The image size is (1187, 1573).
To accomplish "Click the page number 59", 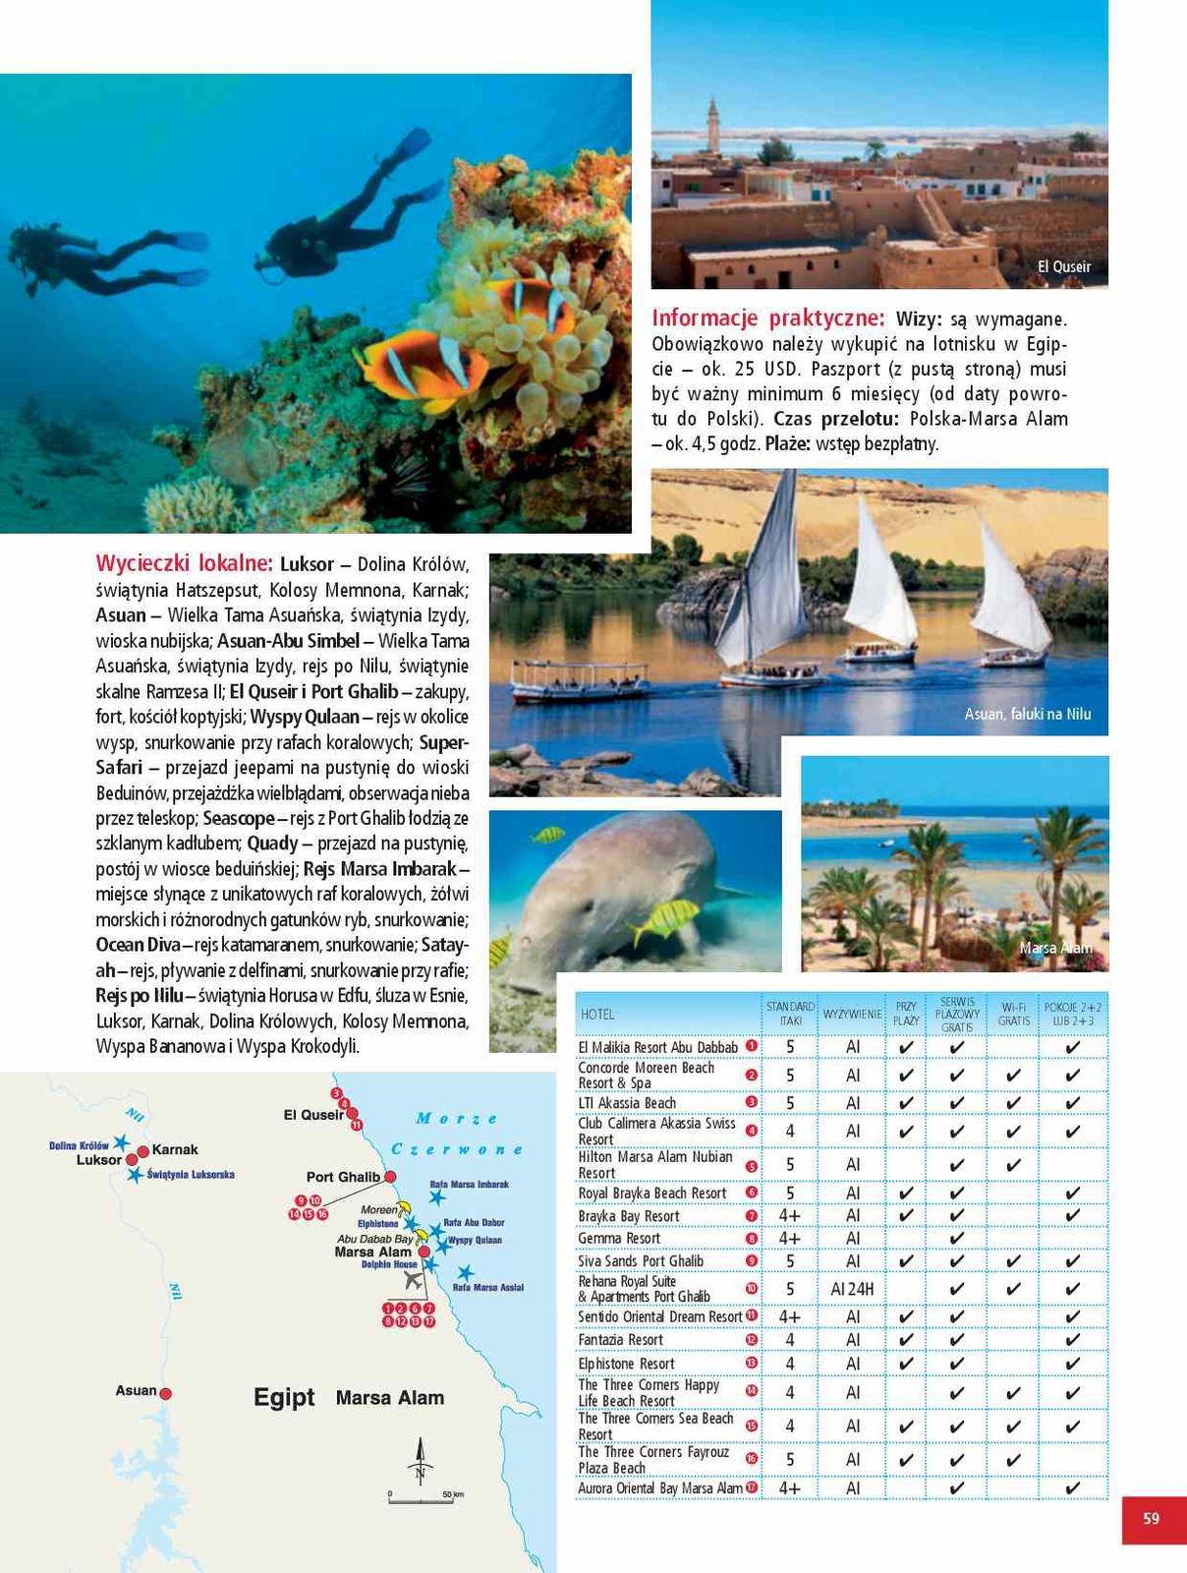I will [1151, 1519].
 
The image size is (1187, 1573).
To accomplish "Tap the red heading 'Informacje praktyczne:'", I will [768, 318].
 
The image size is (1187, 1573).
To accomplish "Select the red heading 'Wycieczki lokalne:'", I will [184, 563].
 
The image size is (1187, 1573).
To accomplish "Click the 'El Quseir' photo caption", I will [1064, 266].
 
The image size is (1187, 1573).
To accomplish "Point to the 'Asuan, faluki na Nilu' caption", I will [1027, 714].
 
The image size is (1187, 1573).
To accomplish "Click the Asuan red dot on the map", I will [166, 1392].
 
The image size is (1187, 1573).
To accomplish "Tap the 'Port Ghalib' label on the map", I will [342, 1177].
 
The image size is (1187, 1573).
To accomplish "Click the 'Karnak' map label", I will [175, 1149].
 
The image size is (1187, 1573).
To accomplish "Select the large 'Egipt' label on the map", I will [284, 1397].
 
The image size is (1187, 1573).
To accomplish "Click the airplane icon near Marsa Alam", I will [413, 1281].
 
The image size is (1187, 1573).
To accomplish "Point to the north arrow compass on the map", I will [421, 1460].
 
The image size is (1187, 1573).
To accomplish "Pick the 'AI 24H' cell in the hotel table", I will [852, 1289].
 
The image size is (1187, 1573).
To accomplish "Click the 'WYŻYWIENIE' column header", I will [852, 1014].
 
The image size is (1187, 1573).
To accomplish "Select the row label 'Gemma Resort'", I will [619, 1239].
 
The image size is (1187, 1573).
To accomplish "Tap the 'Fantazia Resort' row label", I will [621, 1340].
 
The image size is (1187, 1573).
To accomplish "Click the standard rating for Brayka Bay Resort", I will [790, 1216].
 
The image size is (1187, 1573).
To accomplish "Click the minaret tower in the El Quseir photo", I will [712, 125].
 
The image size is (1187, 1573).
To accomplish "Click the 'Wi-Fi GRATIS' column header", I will [1014, 1014].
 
